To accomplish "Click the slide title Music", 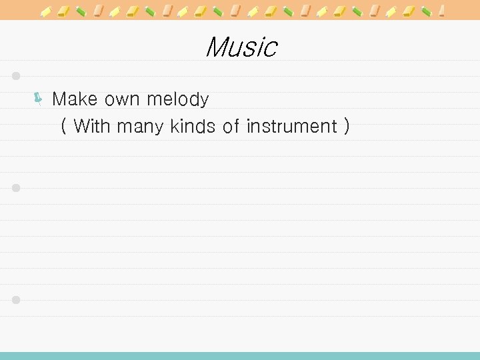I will [x=241, y=47].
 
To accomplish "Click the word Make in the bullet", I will [x=74, y=100].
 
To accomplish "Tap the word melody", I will [x=177, y=101].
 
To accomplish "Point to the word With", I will [x=92, y=125].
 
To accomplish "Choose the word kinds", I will [x=193, y=125].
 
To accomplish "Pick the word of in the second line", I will [x=231, y=125].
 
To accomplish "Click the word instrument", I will [x=291, y=125].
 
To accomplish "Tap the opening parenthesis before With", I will [x=63, y=126].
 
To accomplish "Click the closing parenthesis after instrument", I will [x=346, y=126].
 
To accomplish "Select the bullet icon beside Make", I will [x=39, y=100].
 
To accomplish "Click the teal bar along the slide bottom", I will [x=240, y=356].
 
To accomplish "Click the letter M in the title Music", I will [x=217, y=47].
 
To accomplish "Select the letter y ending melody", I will [x=203, y=102].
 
